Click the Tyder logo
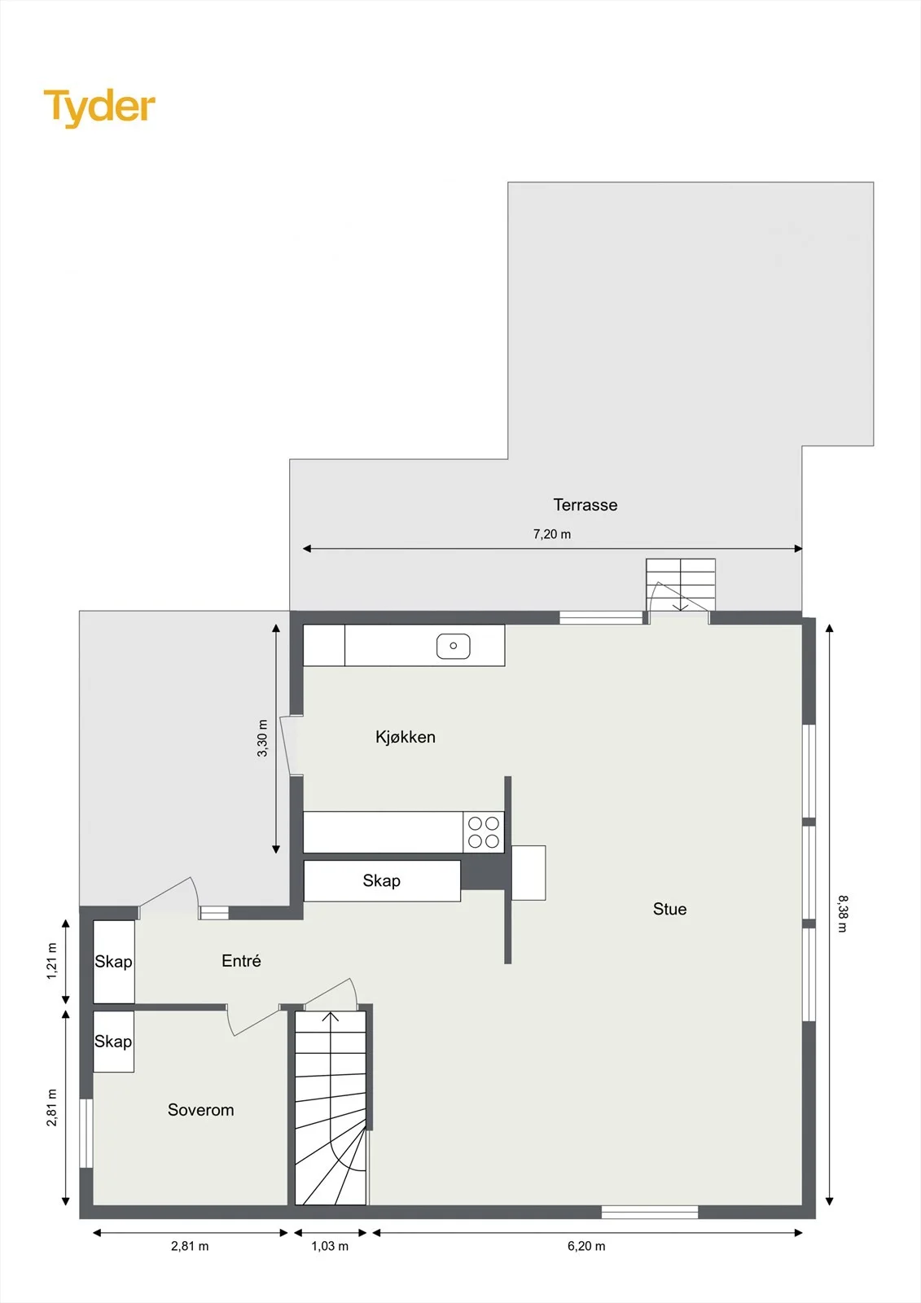tap(99, 107)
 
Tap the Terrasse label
tap(585, 505)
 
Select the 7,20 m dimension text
tap(552, 534)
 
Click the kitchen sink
tap(454, 646)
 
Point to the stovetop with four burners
tap(484, 831)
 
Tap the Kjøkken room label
tap(406, 737)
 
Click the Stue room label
tap(669, 909)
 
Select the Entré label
tap(241, 960)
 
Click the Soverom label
tap(200, 1110)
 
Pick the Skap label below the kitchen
tap(382, 880)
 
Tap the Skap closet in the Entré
tap(114, 962)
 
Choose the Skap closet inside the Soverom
tap(114, 1042)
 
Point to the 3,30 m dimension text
tap(262, 738)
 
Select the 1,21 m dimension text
tap(52, 961)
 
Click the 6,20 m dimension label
tap(586, 1246)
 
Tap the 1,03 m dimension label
tap(330, 1246)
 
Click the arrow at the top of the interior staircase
tap(331, 1016)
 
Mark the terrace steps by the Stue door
tap(681, 584)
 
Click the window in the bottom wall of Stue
tap(649, 1213)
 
